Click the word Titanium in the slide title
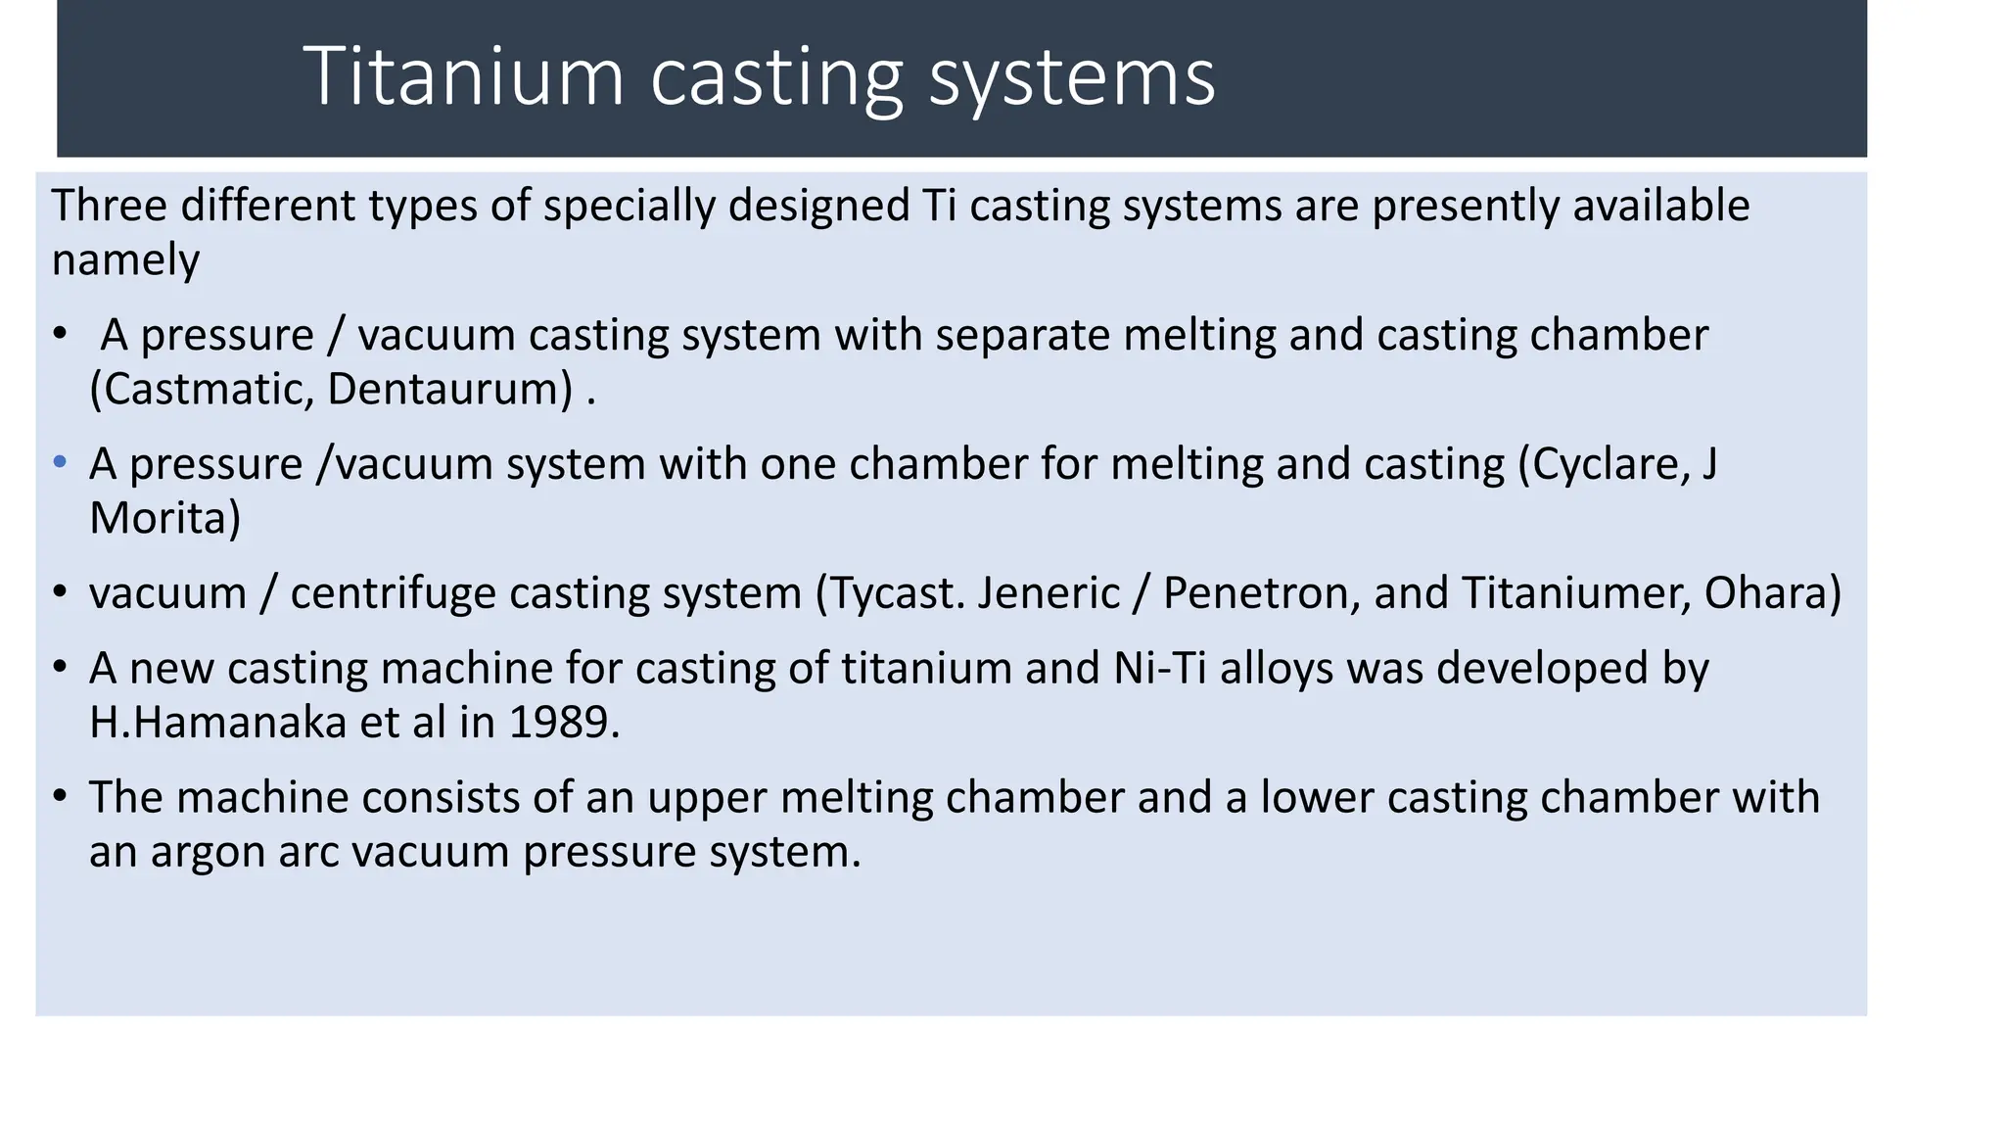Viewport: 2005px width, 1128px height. [x=463, y=76]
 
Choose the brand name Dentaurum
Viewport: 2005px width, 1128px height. [x=449, y=390]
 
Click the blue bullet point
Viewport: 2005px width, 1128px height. [x=61, y=461]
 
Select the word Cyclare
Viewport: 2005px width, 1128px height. [x=1609, y=464]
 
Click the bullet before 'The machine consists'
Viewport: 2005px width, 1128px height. [x=61, y=795]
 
